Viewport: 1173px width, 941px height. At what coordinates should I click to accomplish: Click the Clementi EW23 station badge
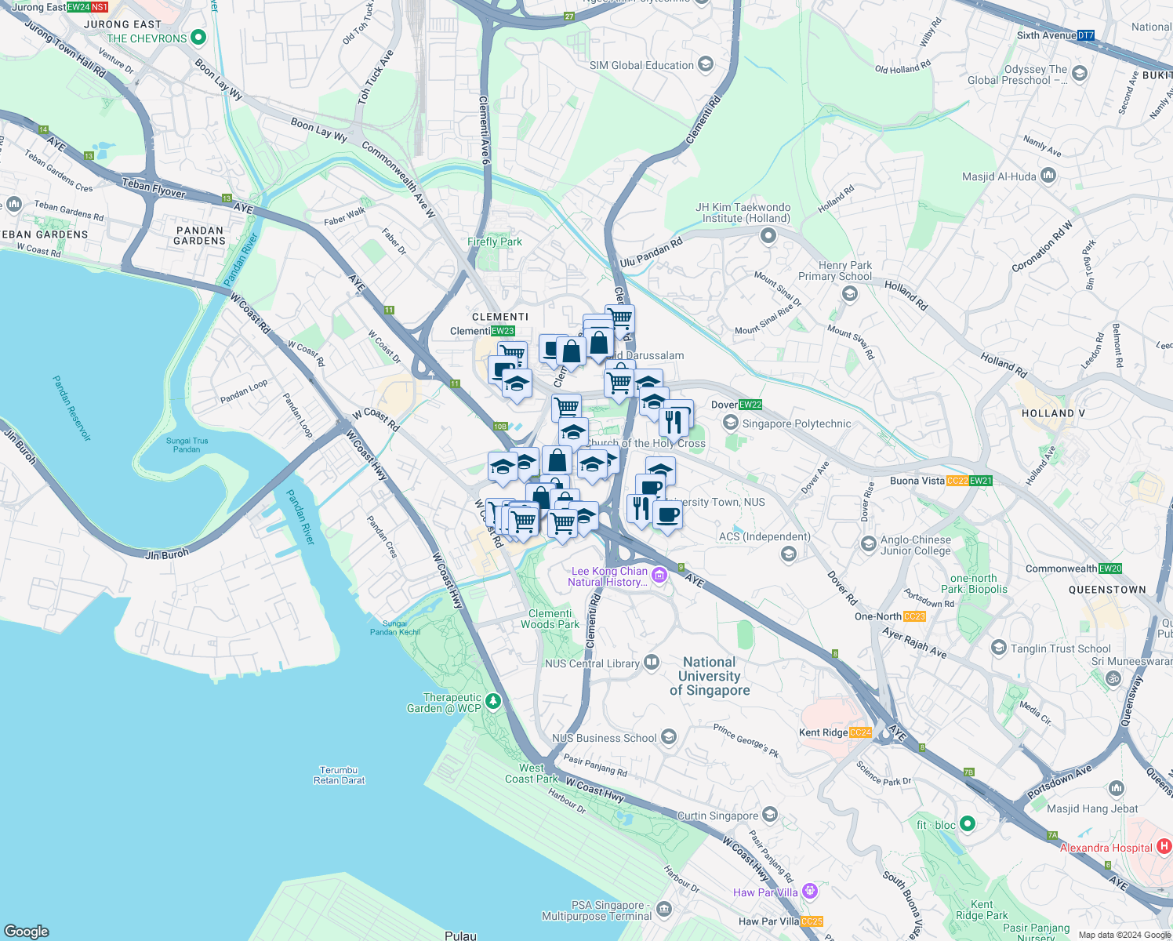click(x=503, y=331)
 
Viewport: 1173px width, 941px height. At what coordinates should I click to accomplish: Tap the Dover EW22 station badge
click(x=750, y=405)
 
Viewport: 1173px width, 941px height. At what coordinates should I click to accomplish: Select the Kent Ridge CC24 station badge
click(x=859, y=732)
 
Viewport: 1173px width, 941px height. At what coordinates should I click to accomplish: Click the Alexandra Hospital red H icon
click(x=1164, y=847)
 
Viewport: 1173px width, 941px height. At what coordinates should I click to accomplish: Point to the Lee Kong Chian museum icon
click(x=659, y=577)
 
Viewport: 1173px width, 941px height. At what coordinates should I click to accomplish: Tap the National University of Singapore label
click(x=710, y=676)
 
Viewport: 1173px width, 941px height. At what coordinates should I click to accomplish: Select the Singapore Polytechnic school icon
click(x=731, y=423)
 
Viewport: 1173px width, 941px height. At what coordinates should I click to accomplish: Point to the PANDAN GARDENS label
click(x=199, y=235)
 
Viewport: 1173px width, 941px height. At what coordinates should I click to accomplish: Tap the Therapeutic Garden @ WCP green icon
click(x=492, y=701)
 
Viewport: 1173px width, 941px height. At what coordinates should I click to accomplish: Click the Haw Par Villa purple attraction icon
click(x=810, y=892)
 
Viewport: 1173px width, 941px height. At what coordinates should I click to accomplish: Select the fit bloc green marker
click(x=967, y=824)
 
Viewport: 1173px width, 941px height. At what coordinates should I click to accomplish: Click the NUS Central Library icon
click(x=651, y=663)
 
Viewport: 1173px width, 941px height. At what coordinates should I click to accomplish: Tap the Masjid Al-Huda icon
click(x=1048, y=176)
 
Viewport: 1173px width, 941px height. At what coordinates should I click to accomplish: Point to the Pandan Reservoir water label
click(x=71, y=408)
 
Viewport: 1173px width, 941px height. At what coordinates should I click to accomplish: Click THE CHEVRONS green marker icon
click(x=198, y=38)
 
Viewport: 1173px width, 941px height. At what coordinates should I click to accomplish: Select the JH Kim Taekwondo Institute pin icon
click(x=768, y=235)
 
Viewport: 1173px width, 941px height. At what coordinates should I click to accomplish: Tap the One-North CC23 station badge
click(x=914, y=616)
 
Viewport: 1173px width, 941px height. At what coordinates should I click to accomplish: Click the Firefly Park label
click(x=494, y=242)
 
